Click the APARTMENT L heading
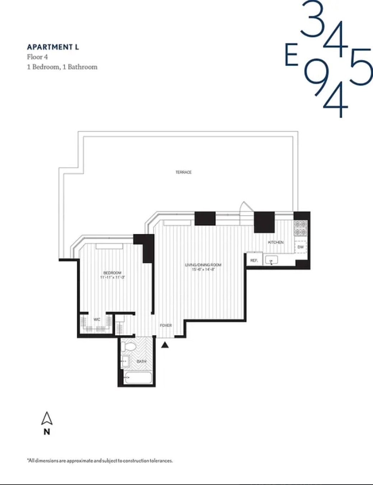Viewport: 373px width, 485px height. (x=53, y=47)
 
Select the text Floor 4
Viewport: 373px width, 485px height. (x=37, y=57)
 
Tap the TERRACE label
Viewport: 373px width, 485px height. (x=183, y=172)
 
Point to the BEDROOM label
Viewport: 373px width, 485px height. (x=112, y=273)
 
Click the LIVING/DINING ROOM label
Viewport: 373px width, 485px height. (x=203, y=265)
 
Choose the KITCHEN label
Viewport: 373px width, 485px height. (x=276, y=242)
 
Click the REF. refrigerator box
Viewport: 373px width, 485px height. (x=254, y=260)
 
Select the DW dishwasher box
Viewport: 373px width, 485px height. (x=300, y=247)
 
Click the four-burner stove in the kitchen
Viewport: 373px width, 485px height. (x=300, y=228)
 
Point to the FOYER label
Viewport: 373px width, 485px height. (x=166, y=325)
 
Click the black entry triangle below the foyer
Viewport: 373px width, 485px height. (x=165, y=345)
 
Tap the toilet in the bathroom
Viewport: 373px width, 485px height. (x=129, y=347)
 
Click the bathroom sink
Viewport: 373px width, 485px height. (x=125, y=361)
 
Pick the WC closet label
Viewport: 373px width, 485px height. (x=97, y=319)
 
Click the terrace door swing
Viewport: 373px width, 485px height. (x=246, y=207)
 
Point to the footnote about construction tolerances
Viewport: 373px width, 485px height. (x=100, y=461)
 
